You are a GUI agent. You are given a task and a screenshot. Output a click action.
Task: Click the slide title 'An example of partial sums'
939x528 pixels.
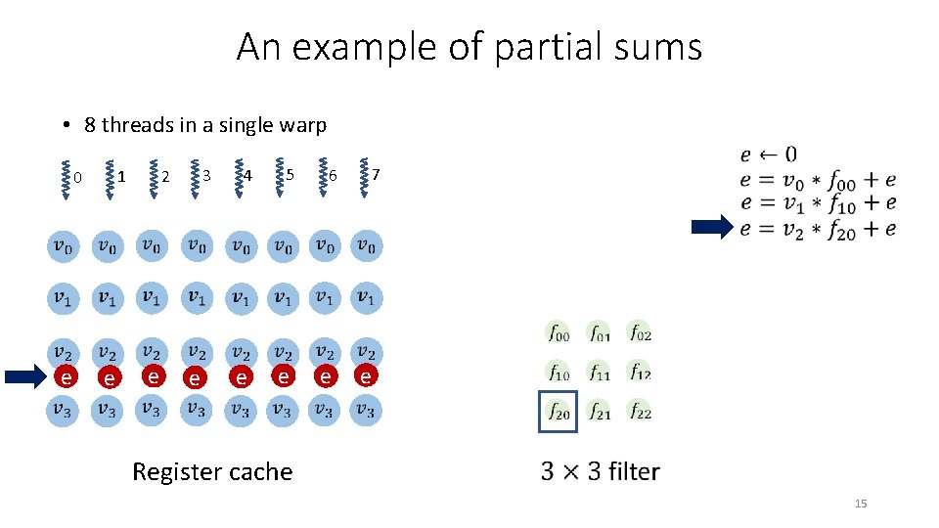click(469, 46)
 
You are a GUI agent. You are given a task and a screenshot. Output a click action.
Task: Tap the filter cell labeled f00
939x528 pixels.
click(558, 333)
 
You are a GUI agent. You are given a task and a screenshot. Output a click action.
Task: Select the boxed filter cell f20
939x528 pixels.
click(558, 412)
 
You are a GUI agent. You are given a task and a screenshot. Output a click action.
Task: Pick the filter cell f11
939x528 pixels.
click(599, 373)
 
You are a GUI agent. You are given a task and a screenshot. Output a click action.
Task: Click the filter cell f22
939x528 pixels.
click(640, 412)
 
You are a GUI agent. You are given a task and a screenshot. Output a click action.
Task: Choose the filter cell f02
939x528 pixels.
click(640, 333)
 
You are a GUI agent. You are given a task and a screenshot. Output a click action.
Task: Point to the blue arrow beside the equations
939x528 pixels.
click(711, 229)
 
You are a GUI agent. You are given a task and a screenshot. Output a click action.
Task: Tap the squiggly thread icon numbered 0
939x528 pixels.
click(65, 179)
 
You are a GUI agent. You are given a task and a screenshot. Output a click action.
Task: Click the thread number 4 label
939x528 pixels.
click(248, 176)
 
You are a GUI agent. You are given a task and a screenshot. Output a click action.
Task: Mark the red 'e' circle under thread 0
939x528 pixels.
click(65, 377)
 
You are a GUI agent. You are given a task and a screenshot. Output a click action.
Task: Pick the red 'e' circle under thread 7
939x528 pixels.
click(365, 375)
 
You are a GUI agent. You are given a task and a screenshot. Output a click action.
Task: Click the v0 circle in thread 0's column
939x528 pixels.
click(63, 246)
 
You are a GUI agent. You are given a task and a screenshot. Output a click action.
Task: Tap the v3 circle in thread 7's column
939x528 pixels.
click(365, 410)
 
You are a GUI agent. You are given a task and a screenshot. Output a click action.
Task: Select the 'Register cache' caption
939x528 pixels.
click(212, 472)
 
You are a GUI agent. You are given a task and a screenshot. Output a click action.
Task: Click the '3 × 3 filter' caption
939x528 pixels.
click(600, 472)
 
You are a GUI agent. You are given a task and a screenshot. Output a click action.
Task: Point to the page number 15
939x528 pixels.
click(861, 504)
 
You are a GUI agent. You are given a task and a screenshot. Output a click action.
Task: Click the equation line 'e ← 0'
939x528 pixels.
click(768, 154)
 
